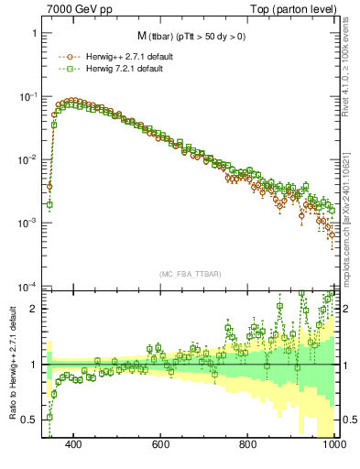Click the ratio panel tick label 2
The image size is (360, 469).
click(x=32, y=309)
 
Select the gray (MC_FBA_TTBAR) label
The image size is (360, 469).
click(x=189, y=275)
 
